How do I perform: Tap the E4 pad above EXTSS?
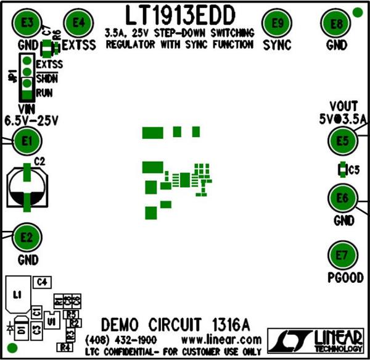click(78, 23)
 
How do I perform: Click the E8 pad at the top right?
click(337, 25)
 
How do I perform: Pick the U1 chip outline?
click(52, 322)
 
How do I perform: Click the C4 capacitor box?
click(42, 282)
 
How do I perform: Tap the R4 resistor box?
click(65, 347)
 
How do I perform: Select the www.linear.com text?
click(221, 340)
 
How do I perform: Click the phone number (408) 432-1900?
click(121, 340)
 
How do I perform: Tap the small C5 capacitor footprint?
click(341, 169)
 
